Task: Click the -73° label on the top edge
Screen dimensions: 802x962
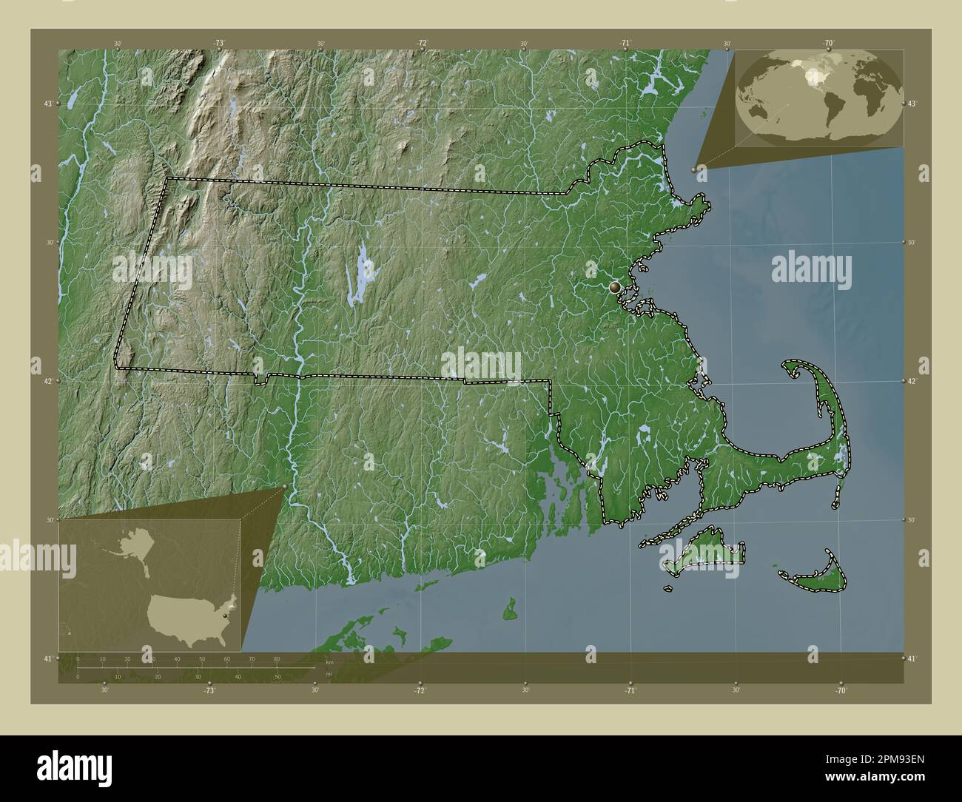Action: click(x=219, y=44)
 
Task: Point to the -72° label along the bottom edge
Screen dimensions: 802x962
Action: click(x=420, y=690)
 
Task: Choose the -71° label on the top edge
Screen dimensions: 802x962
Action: click(x=625, y=44)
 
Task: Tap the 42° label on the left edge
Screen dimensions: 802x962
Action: click(x=47, y=381)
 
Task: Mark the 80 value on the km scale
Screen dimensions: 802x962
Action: click(x=277, y=658)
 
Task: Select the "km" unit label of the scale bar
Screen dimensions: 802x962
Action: click(x=329, y=663)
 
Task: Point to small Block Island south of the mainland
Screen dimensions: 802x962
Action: click(x=510, y=612)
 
